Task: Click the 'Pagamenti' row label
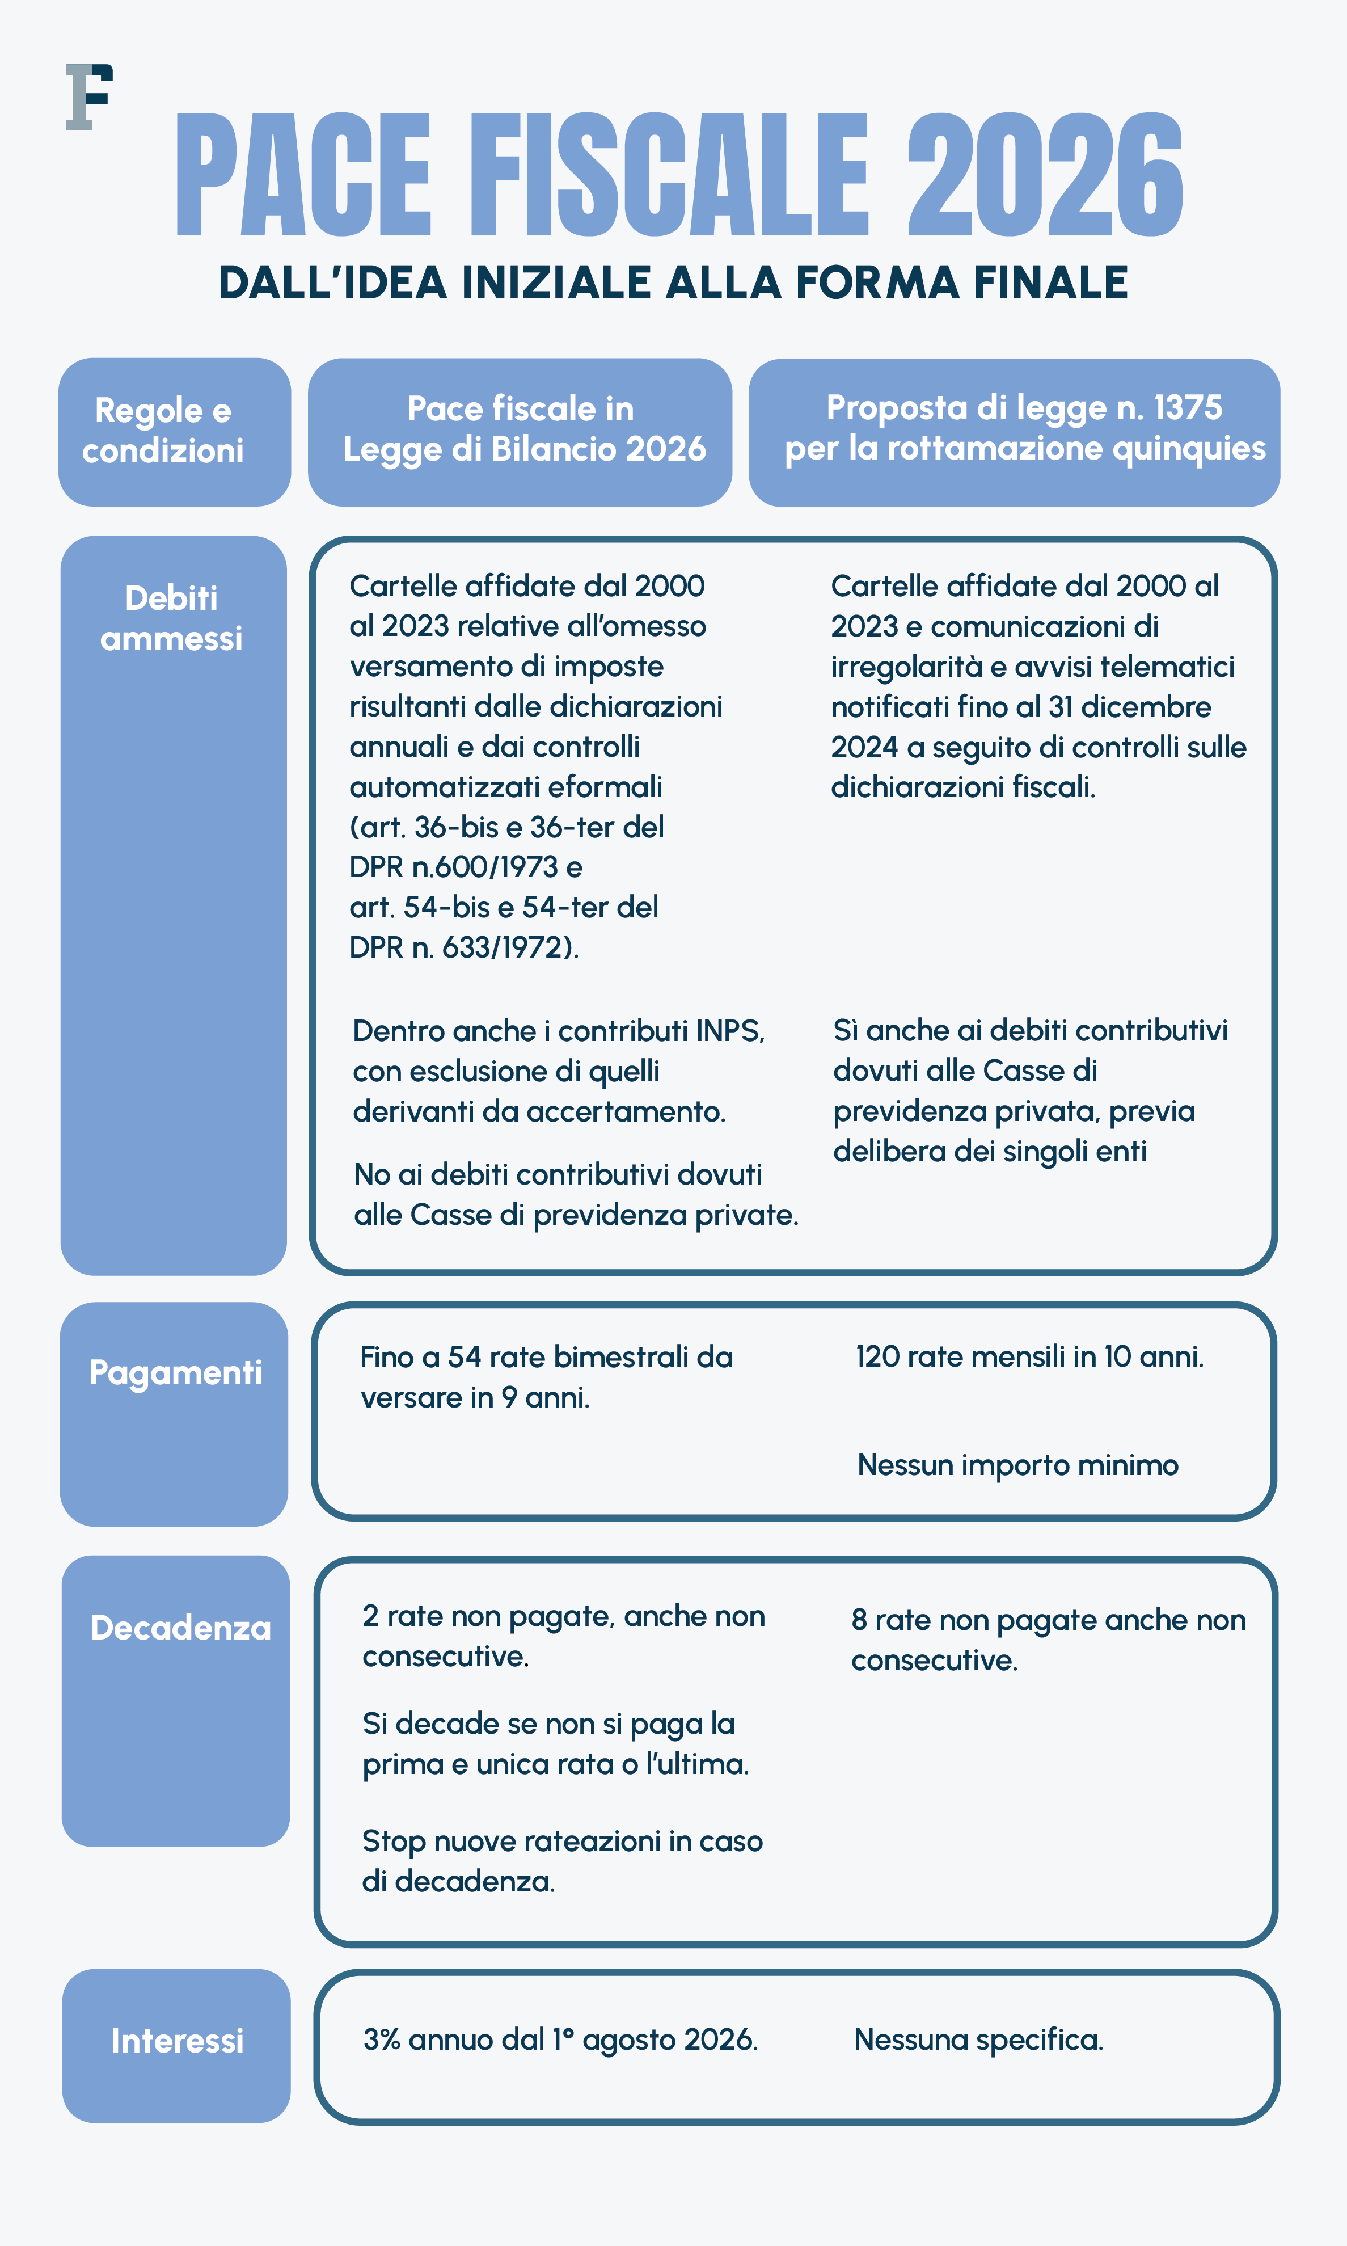pyautogui.click(x=175, y=1373)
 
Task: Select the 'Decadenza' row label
pyautogui.click(x=180, y=1628)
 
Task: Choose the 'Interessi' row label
pyautogui.click(x=177, y=2041)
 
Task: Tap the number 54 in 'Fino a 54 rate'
pyautogui.click(x=464, y=1357)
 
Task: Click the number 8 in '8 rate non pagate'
pyautogui.click(x=859, y=1620)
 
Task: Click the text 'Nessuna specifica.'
pyautogui.click(x=978, y=2040)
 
